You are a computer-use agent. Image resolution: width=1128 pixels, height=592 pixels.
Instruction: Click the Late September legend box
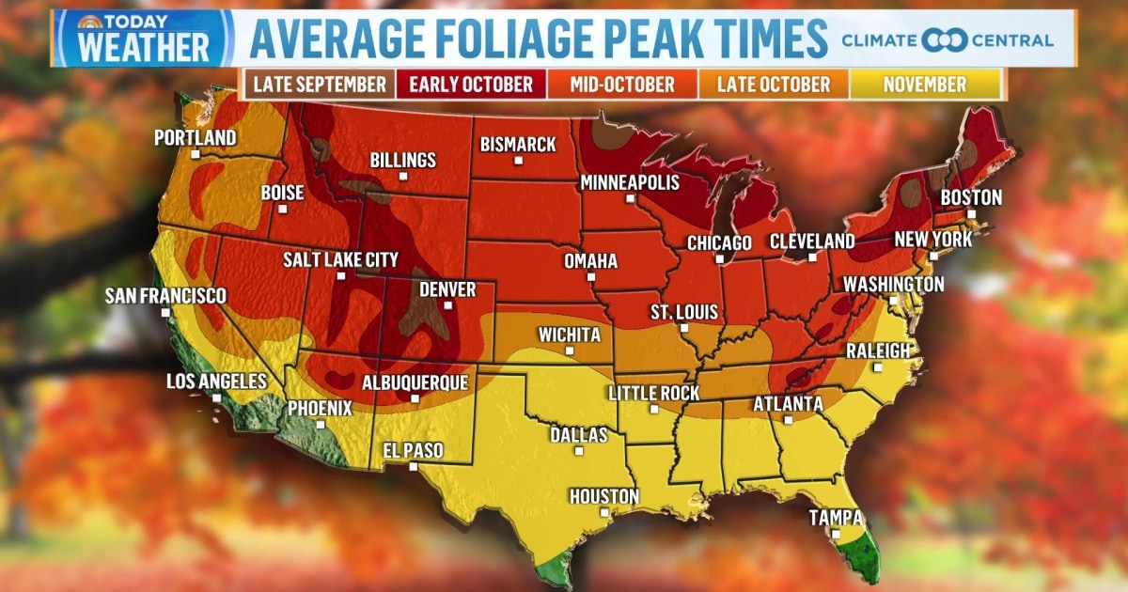[x=320, y=85]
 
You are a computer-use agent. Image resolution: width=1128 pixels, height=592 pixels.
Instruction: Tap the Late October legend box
[x=774, y=85]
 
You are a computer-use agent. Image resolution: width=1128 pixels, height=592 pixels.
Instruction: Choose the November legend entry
[x=925, y=85]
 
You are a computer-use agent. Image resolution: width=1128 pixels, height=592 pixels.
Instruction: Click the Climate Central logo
[x=948, y=40]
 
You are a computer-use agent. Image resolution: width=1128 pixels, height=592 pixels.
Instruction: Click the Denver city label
[x=447, y=289]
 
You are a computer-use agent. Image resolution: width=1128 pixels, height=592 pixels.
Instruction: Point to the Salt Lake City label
[x=341, y=259]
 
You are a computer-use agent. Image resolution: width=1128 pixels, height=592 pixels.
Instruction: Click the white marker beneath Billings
[x=403, y=176]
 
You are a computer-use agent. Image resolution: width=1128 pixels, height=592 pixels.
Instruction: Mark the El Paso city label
[x=412, y=451]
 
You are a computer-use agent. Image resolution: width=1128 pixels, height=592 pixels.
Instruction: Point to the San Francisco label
[x=165, y=296]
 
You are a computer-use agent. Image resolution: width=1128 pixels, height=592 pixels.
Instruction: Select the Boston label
[x=972, y=198]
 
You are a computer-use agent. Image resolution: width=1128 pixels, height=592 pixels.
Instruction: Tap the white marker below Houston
[x=604, y=513]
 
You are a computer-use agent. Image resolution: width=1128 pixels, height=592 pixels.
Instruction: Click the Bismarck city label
[x=518, y=145]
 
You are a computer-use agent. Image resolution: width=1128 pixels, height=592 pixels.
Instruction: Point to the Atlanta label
[x=788, y=404]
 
